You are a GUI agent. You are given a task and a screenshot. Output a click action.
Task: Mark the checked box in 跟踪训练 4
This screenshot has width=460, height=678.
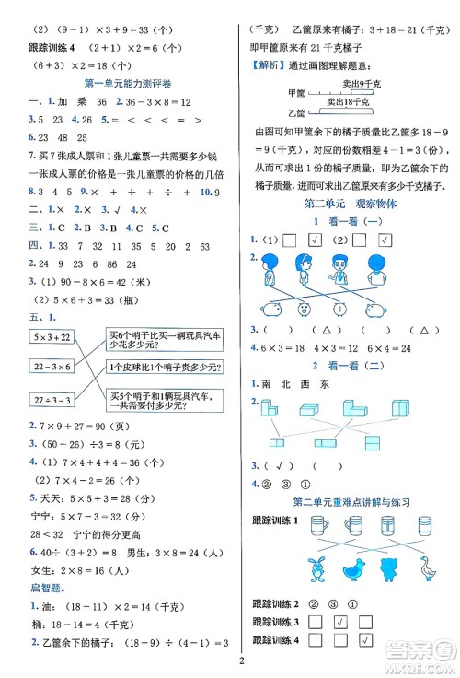coord(366,640)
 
